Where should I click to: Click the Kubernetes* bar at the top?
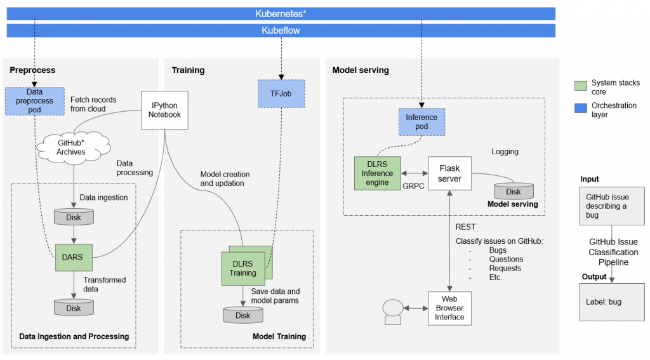tap(281, 13)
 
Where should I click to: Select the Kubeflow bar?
tap(281, 30)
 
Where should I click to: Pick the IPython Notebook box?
tap(165, 110)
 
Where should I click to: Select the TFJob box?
tap(281, 93)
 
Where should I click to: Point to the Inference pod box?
tap(421, 122)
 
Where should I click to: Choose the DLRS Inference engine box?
tap(376, 173)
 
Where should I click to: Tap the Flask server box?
tap(449, 173)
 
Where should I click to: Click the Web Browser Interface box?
tap(449, 308)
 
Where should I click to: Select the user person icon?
tap(392, 311)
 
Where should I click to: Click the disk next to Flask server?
tap(514, 191)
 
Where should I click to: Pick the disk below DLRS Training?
tap(243, 315)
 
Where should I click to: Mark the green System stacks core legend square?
tap(580, 86)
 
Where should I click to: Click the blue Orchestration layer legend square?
tap(580, 108)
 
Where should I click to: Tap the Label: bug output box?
tap(611, 302)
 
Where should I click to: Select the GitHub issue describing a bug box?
tap(612, 206)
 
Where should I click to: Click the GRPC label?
tap(413, 187)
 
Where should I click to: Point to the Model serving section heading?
tap(361, 70)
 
